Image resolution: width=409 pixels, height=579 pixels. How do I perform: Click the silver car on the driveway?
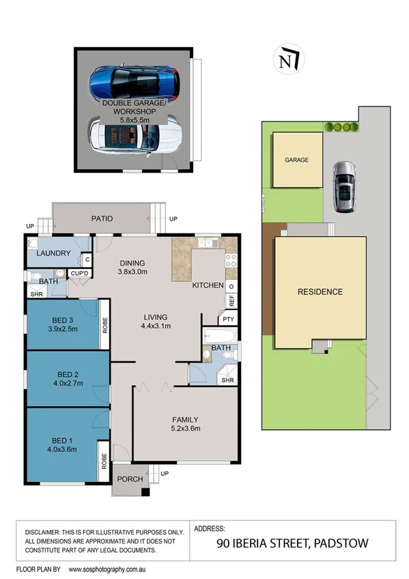coord(343,186)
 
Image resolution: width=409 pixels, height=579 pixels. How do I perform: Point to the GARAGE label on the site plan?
coord(297,160)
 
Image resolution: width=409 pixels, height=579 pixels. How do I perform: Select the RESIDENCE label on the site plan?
coord(320,292)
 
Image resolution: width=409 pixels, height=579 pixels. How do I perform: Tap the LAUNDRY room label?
coord(53,253)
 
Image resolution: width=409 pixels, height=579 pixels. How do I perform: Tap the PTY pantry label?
coord(227,319)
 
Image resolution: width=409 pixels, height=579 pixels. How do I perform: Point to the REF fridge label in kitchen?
coord(231,298)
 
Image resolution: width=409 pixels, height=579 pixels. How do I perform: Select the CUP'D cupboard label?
coord(81,274)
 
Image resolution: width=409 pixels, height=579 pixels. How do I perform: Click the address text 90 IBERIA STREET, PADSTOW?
coord(292,543)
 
